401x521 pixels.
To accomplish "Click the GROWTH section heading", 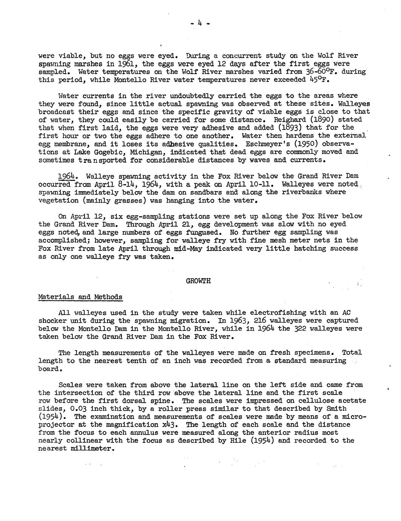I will pos(198,281).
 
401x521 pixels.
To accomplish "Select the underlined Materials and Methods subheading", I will pos(80,297).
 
